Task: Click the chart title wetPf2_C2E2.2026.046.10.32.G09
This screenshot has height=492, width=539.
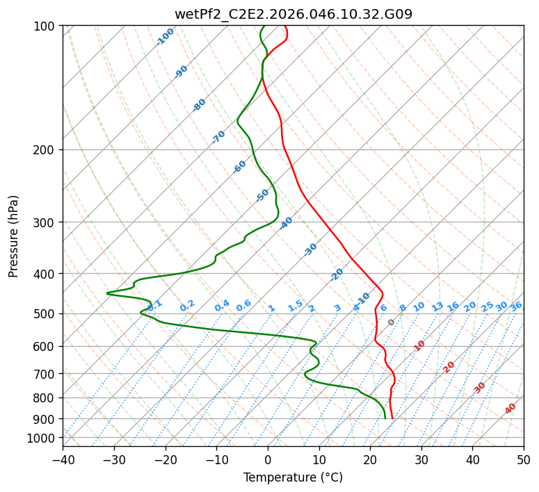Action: [x=293, y=14]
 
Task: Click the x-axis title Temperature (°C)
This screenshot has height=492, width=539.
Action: [x=293, y=477]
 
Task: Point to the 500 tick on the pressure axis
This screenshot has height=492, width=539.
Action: [x=45, y=314]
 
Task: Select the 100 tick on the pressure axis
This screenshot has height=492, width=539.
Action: [x=45, y=26]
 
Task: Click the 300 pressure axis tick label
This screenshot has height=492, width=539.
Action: [x=45, y=222]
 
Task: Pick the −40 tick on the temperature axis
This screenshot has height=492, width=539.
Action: [x=63, y=460]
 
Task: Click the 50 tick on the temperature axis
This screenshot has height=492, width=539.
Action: [x=524, y=460]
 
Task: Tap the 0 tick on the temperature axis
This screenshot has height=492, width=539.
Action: [x=268, y=460]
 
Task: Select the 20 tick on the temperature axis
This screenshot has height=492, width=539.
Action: [x=370, y=460]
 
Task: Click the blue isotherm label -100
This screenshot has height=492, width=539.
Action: [x=166, y=37]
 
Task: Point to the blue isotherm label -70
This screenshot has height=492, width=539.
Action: [x=218, y=137]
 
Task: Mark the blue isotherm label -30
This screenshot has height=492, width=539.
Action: [x=310, y=249]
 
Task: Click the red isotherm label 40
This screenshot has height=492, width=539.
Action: [x=510, y=409]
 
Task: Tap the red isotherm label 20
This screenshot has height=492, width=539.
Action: [x=449, y=366]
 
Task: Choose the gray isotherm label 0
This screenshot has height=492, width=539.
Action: [x=392, y=322]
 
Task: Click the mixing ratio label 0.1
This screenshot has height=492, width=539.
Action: [x=155, y=304]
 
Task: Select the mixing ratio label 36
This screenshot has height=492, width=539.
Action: [x=516, y=306]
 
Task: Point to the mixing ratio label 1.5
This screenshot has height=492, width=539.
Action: [x=295, y=305]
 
